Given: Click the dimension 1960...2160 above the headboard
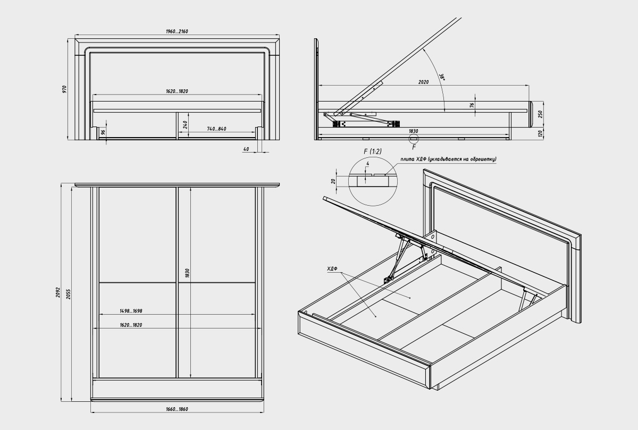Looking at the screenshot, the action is [x=177, y=31].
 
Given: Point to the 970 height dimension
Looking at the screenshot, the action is [x=65, y=89].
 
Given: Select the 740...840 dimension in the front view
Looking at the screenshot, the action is [x=216, y=129].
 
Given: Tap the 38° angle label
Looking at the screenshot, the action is [x=442, y=78].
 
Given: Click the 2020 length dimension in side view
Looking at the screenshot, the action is [x=423, y=82].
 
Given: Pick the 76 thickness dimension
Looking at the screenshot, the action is [x=472, y=105].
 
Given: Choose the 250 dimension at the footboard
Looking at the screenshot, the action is [x=540, y=114].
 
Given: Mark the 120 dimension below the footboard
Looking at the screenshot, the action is [x=540, y=133].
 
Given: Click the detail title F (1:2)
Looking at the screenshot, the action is [x=373, y=151].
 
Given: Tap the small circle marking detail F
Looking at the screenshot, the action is [x=414, y=139].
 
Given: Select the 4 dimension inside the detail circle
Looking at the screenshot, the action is [x=368, y=164].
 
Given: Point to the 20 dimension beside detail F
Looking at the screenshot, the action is [x=333, y=181].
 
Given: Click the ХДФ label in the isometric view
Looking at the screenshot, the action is [x=332, y=268].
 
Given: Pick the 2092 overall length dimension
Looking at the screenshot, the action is [x=58, y=292].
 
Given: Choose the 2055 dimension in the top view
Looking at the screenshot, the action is [x=69, y=294].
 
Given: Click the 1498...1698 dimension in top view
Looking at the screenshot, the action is [x=131, y=311].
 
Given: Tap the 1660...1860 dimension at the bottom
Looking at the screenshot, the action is [x=177, y=409].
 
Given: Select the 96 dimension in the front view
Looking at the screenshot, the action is [x=103, y=132].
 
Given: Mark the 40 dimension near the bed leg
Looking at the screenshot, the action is [x=246, y=149].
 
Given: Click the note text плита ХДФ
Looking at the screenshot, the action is [x=413, y=159].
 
